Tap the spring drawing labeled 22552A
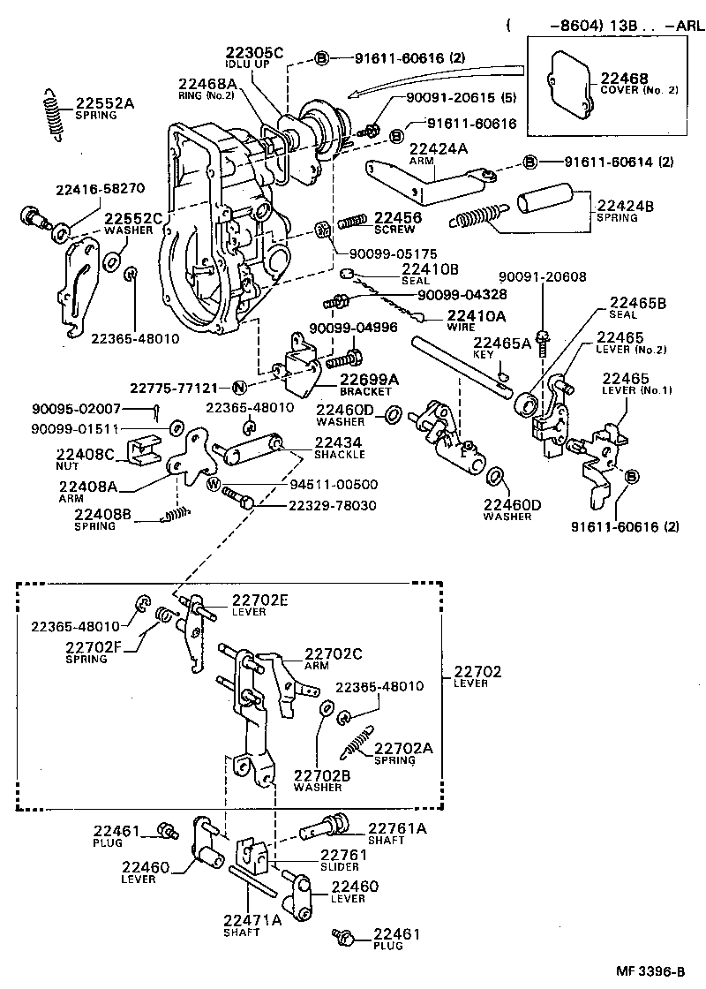click(x=53, y=115)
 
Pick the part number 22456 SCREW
click(x=397, y=217)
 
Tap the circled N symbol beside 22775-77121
click(x=239, y=387)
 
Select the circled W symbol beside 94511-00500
click(x=214, y=483)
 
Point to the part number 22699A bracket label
click(x=370, y=380)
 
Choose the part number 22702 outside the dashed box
click(x=477, y=671)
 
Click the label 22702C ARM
click(x=334, y=654)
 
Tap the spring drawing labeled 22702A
click(x=358, y=740)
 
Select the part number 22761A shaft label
click(x=397, y=827)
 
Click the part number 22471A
click(x=253, y=920)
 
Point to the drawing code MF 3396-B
click(x=649, y=971)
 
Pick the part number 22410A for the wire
click(x=476, y=315)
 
